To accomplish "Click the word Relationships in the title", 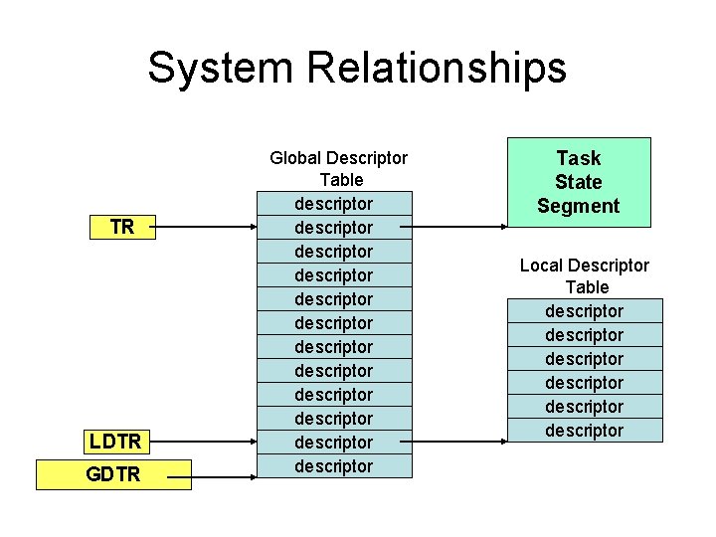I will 437,69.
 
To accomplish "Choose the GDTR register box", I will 113,475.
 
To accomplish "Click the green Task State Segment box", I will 579,182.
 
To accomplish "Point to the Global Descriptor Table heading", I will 339,169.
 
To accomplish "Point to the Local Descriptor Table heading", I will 585,276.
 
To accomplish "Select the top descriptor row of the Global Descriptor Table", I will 334,204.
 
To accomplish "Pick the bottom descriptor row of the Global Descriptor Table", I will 334,466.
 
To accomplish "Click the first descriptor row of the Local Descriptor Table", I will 585,311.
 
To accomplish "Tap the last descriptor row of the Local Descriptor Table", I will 585,431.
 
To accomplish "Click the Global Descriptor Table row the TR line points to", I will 334,228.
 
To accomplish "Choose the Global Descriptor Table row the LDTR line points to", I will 334,443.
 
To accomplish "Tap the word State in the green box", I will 579,182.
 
